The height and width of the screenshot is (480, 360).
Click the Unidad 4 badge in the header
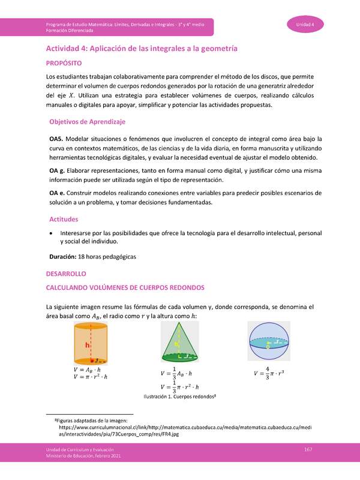pyautogui.click(x=310, y=24)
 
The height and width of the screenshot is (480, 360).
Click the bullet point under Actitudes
pyautogui.click(x=55, y=233)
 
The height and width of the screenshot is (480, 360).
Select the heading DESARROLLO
pyautogui.click(x=66, y=274)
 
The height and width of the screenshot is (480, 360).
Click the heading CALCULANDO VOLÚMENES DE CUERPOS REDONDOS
pyautogui.click(x=125, y=287)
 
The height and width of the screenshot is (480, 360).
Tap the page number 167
pyautogui.click(x=308, y=450)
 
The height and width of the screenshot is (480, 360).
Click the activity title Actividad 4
pyautogui.click(x=142, y=47)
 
